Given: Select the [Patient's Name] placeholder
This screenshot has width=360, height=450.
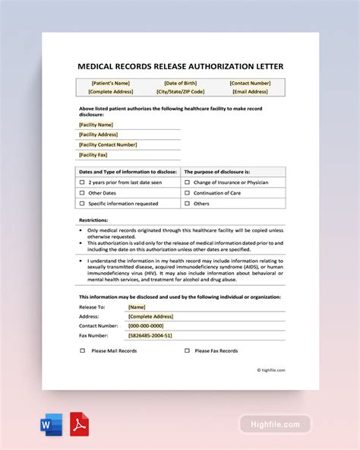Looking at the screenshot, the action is pos(110,83).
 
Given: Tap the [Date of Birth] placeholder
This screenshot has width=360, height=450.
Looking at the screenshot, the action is pos(180,83).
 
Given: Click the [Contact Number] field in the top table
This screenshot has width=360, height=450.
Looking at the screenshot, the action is pos(250,83).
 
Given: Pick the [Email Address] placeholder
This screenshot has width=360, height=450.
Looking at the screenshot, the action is pos(250,92).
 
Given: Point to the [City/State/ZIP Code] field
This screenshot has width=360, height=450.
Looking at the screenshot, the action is pos(180,92).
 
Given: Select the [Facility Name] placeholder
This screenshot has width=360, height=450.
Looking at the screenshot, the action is pos(96,125).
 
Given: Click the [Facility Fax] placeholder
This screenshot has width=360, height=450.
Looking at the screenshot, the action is pos(94,154).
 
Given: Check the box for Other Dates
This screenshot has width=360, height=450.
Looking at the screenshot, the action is pos(82,193).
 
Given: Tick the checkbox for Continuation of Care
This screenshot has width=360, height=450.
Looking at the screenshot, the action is pos(187,193).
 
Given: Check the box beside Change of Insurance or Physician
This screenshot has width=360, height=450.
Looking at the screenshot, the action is pos(187,182).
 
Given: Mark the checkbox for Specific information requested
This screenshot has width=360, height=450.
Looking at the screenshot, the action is pos(82,204).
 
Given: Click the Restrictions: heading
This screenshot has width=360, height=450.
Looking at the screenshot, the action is pos(93,220).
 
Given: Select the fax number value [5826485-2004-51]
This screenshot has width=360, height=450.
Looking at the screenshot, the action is pos(150,335).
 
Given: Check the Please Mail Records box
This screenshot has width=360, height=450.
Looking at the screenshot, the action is pos(82,351).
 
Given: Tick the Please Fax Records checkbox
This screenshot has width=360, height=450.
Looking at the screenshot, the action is pos(187,351).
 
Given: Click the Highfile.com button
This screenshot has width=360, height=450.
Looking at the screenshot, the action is pos(276,424).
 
